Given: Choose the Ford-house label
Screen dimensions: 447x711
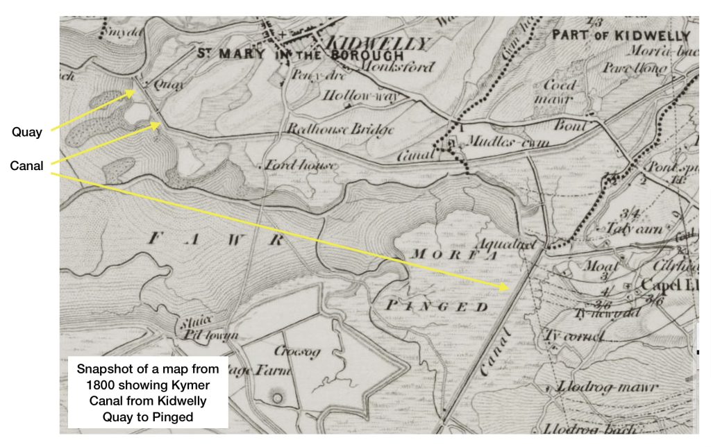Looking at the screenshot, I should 301,165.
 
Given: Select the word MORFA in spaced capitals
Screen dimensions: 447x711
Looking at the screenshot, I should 445,255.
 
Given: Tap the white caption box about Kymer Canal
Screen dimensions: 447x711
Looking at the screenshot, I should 147,392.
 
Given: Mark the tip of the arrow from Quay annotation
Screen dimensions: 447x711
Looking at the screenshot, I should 136,90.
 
